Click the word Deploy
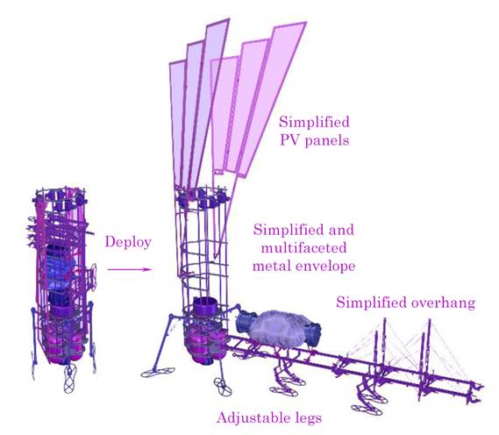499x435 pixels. (128, 243)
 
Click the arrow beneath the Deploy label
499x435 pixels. (129, 269)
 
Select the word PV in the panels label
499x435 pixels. (289, 140)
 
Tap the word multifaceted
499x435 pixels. (303, 247)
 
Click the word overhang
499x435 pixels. (443, 302)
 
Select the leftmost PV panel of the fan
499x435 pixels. (177, 125)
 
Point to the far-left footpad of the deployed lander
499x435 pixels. (158, 373)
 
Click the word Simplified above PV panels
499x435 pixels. (314, 122)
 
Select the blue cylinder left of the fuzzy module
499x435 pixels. (246, 322)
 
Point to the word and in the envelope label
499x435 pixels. (341, 230)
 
